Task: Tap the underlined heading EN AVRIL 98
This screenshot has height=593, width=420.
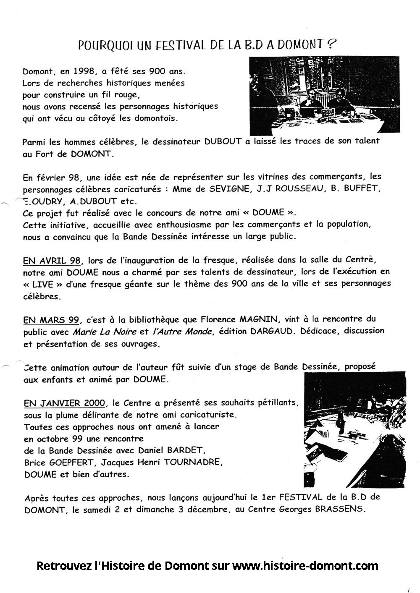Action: click(52, 261)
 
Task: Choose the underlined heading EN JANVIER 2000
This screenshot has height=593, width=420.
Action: click(64, 403)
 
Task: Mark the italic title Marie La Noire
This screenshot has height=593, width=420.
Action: click(105, 332)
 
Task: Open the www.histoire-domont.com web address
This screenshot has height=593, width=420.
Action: click(305, 566)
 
